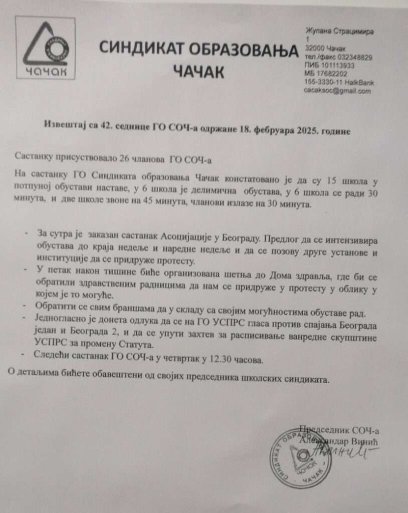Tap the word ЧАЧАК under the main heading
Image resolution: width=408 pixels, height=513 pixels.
click(x=199, y=71)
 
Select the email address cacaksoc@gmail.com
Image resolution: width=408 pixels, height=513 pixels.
click(x=337, y=91)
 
